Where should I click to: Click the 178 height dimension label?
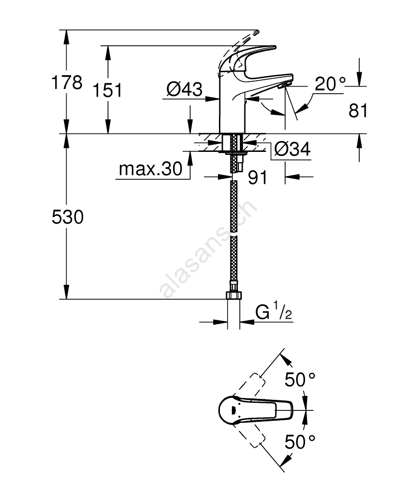68,83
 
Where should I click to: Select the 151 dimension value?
107,90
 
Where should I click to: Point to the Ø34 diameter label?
292,148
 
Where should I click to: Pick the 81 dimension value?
358,111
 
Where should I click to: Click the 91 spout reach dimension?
258,178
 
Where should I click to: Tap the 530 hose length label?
68,217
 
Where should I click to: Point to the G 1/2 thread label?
273,313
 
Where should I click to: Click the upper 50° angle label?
300,380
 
